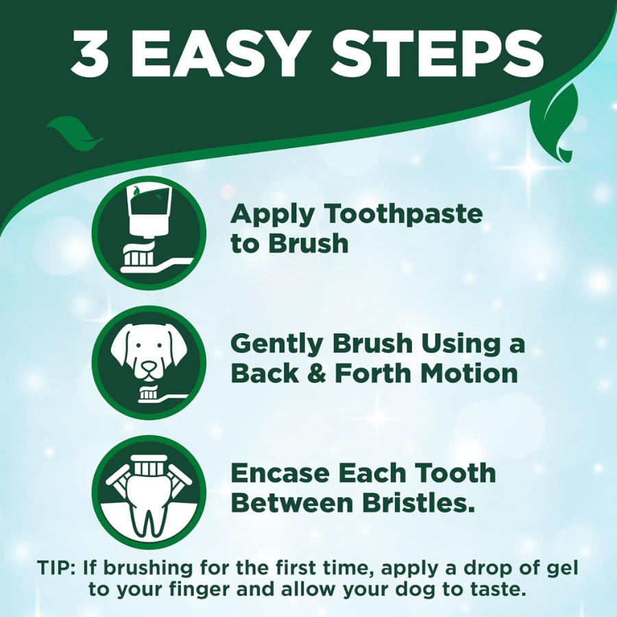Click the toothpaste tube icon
coord(149,233)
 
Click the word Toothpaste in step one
coord(404,215)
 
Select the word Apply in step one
coord(271,215)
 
